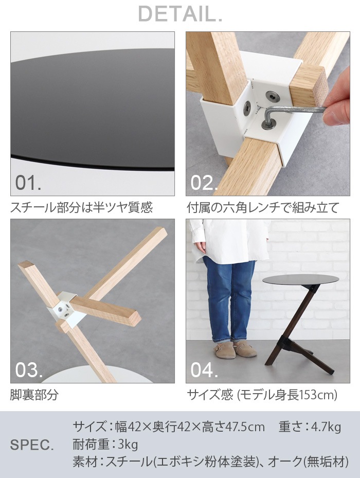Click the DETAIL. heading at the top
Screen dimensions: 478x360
(x=180, y=14)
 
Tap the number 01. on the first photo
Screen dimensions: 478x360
(x=29, y=183)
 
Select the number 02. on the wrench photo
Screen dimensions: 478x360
(x=205, y=183)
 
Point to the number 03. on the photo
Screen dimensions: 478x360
(x=29, y=370)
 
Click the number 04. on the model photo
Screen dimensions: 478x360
(x=205, y=370)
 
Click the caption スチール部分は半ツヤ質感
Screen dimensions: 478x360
(x=82, y=208)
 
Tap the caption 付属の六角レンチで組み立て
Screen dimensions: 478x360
(x=263, y=208)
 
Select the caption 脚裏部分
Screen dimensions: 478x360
(x=34, y=395)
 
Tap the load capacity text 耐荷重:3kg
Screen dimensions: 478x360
(x=105, y=444)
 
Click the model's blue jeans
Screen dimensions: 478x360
(x=228, y=298)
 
